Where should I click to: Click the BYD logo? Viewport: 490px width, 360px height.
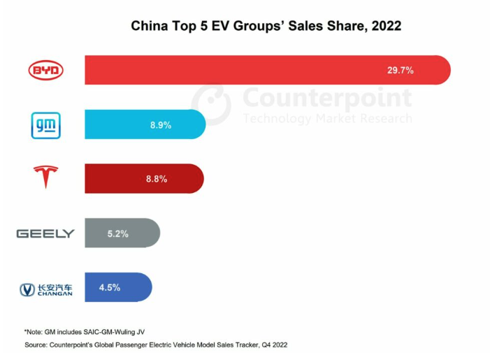click(x=45, y=70)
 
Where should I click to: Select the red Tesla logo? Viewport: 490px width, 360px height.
click(x=46, y=178)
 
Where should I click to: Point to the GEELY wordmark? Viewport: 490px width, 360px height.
click(x=45, y=233)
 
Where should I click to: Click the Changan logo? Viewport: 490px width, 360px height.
click(x=46, y=288)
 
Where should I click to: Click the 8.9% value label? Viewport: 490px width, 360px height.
click(x=160, y=125)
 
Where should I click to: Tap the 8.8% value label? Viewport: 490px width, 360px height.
click(x=157, y=178)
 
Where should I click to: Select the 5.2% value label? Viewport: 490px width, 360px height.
click(x=118, y=233)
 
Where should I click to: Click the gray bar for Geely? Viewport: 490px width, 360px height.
click(x=140, y=233)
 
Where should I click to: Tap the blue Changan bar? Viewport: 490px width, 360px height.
click(x=133, y=287)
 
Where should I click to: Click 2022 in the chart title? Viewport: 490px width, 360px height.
click(x=386, y=27)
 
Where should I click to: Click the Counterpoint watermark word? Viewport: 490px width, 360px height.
click(x=327, y=97)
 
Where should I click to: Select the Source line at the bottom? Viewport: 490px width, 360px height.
click(x=155, y=345)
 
